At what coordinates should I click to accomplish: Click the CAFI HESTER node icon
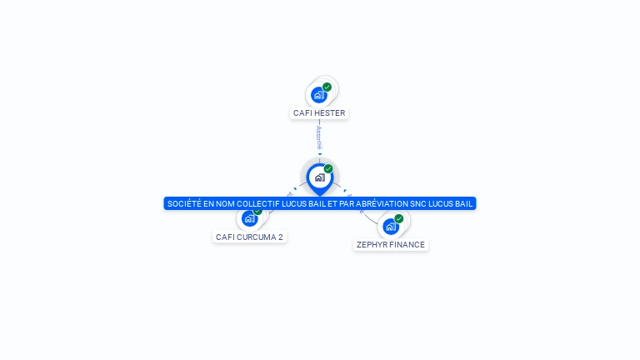[318, 95]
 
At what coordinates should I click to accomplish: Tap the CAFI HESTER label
[319, 112]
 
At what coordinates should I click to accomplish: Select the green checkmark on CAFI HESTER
[327, 87]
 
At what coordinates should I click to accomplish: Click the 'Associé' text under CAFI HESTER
[319, 136]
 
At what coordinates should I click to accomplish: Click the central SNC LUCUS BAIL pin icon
[319, 177]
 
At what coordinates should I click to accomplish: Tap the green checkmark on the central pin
[328, 168]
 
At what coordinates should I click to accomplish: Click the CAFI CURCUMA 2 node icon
[249, 218]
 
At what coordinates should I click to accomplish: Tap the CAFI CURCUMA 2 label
[249, 237]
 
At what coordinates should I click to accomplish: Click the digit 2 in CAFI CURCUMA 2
[281, 237]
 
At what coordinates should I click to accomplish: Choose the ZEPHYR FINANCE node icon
[390, 226]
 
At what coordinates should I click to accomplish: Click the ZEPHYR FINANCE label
[391, 245]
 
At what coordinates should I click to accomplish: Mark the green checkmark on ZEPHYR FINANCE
[399, 218]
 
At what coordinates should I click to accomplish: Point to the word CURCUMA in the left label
[255, 237]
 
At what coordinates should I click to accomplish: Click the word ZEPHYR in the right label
[372, 245]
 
